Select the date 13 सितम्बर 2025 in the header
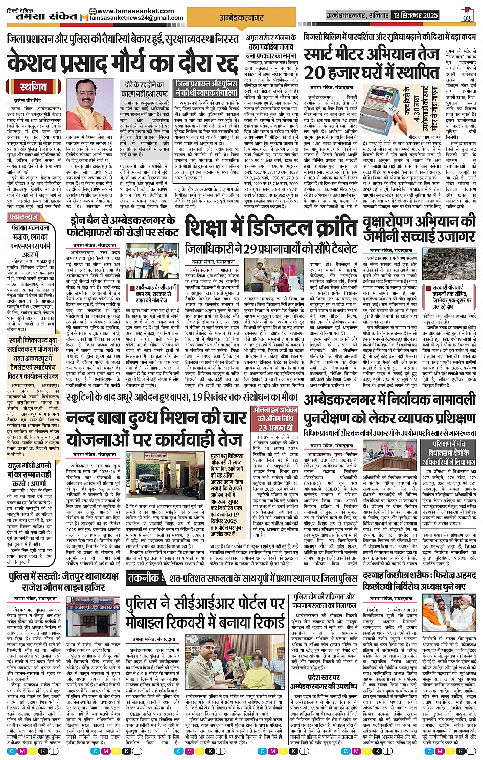[x=415, y=16]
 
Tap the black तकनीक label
[x=144, y=578]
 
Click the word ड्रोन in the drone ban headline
[x=81, y=221]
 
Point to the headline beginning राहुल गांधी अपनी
[x=29, y=466]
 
